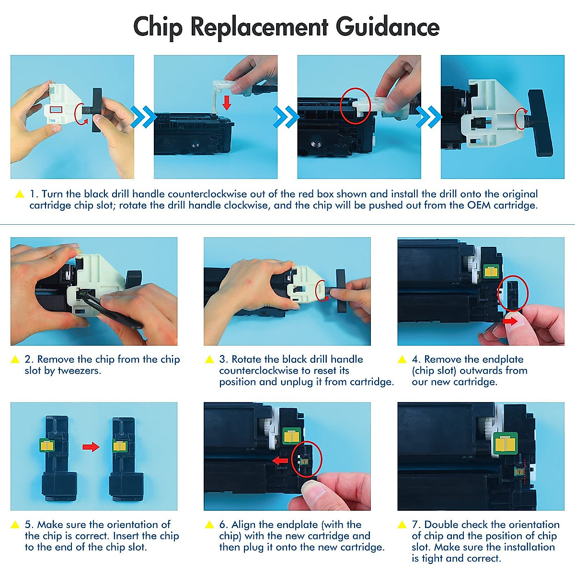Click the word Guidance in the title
pyautogui.click(x=387, y=26)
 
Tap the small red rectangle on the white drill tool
pyautogui.click(x=56, y=110)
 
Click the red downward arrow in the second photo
pyautogui.click(x=227, y=103)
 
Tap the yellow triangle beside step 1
pyautogui.click(x=20, y=194)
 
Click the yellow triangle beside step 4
pyautogui.click(x=402, y=359)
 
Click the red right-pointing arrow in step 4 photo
pyautogui.click(x=510, y=321)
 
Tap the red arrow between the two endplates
pyautogui.click(x=91, y=447)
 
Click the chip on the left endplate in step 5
pyautogui.click(x=47, y=445)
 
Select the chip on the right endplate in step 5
pyautogui.click(x=120, y=446)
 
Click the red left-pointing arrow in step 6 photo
pyautogui.click(x=280, y=460)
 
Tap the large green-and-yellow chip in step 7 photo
pyautogui.click(x=506, y=443)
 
